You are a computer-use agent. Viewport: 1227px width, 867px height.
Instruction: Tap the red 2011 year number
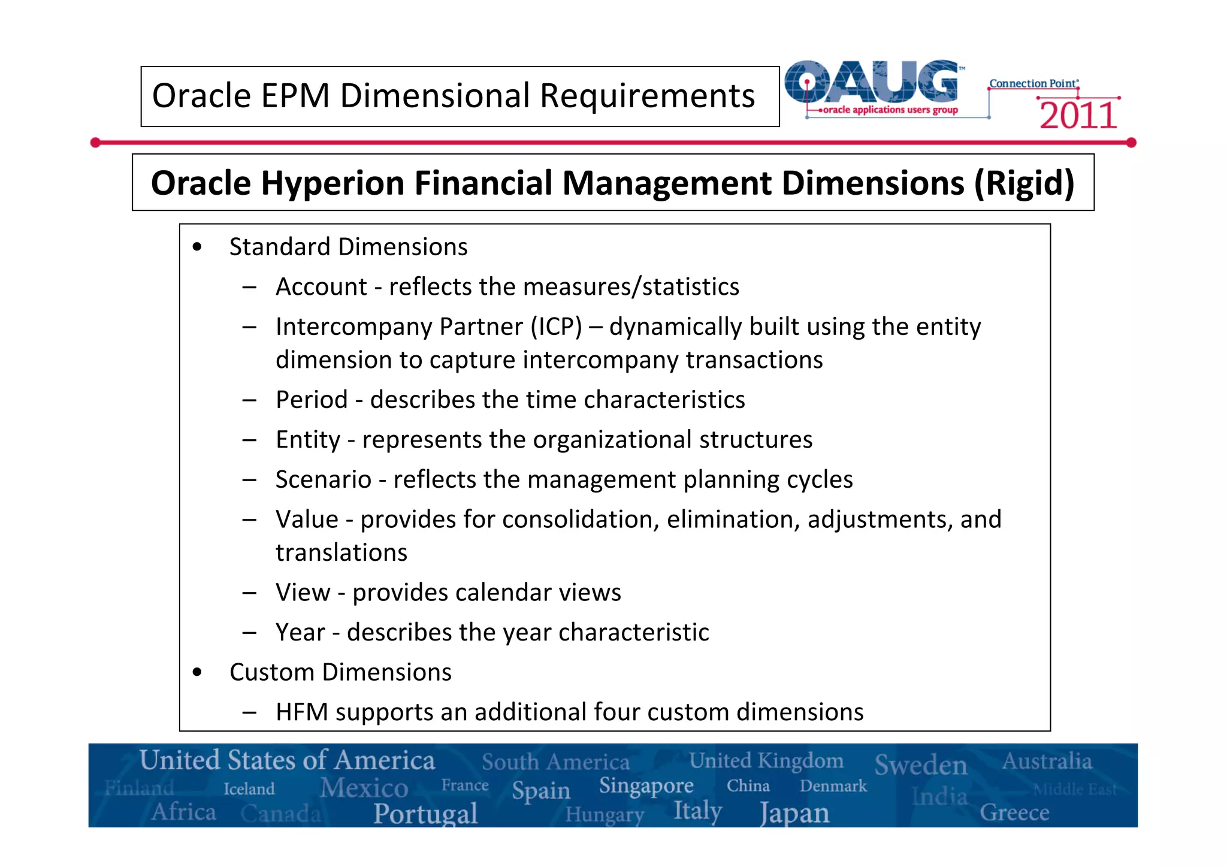pos(1078,116)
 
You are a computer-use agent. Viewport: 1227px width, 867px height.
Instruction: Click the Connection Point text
pos(1033,84)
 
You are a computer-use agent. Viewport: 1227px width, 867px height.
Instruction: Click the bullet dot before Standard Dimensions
pos(197,247)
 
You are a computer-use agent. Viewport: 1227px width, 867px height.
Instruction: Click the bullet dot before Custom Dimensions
pos(197,672)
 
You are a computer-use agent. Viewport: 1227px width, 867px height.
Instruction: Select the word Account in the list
pos(321,287)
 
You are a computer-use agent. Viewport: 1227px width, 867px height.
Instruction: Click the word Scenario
pos(324,480)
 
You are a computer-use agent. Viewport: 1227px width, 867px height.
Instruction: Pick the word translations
pos(341,552)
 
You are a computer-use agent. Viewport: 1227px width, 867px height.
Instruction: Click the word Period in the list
pos(312,400)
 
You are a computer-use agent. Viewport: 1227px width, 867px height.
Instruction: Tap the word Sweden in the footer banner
pos(921,765)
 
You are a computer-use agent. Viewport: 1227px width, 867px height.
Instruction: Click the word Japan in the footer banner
pos(794,813)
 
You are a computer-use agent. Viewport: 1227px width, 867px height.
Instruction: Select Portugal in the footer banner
pos(425,813)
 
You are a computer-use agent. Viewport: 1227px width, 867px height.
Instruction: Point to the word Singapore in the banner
pos(646,786)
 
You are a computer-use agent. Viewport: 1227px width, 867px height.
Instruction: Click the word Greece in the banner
pos(1014,813)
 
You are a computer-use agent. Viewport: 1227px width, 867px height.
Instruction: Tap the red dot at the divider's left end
pos(95,143)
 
